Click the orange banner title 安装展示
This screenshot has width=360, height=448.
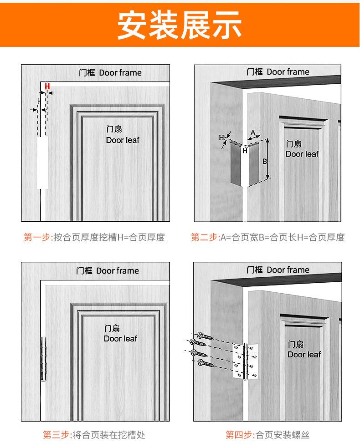pos(180,25)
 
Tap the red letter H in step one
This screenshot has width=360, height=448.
pos(47,87)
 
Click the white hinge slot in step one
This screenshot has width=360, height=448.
pos(42,163)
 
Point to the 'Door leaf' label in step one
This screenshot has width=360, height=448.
pos(123,140)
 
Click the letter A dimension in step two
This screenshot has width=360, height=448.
pos(253,132)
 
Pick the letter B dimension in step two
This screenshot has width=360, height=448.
pos(264,162)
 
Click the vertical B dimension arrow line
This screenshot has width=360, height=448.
pos(267,159)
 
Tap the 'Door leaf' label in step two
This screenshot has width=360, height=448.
pos(302,154)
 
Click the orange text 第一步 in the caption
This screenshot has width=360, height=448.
pos(37,237)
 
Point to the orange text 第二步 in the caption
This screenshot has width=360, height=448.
pos(204,237)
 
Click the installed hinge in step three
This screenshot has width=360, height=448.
pos(43,359)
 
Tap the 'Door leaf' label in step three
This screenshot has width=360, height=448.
pos(120,339)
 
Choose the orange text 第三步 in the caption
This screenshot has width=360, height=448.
pos(56,435)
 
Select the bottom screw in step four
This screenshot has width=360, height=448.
pos(206,363)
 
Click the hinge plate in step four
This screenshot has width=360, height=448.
pos(245,361)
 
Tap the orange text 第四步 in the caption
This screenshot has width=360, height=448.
pos(239,435)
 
